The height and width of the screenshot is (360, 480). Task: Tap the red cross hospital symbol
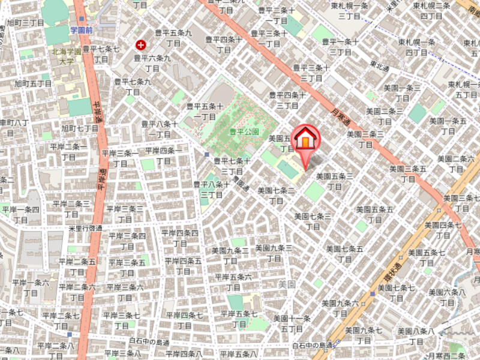(x=141, y=44)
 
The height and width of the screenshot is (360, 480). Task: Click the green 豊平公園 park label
(x=244, y=131)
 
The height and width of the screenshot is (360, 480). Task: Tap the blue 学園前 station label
(x=80, y=29)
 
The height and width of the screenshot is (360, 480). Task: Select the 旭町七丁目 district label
(x=79, y=128)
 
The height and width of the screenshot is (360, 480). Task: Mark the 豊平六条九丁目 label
(x=152, y=63)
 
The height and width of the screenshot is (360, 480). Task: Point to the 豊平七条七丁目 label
(x=101, y=53)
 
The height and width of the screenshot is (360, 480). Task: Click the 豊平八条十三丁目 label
(x=211, y=189)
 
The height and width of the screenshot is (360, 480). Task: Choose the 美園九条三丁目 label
(x=273, y=252)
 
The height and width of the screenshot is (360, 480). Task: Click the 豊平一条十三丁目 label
(x=340, y=46)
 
